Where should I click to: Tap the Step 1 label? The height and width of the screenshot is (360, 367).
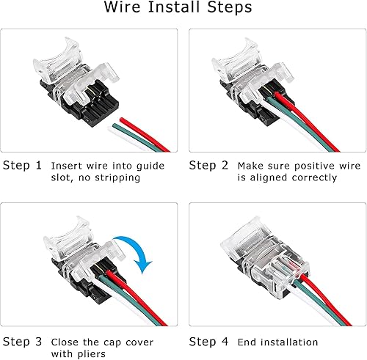(x=22, y=165)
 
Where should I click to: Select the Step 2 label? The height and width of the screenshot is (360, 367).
(x=210, y=165)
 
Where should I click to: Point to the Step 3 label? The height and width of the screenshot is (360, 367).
(x=22, y=342)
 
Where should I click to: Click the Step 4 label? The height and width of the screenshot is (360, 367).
(x=210, y=342)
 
